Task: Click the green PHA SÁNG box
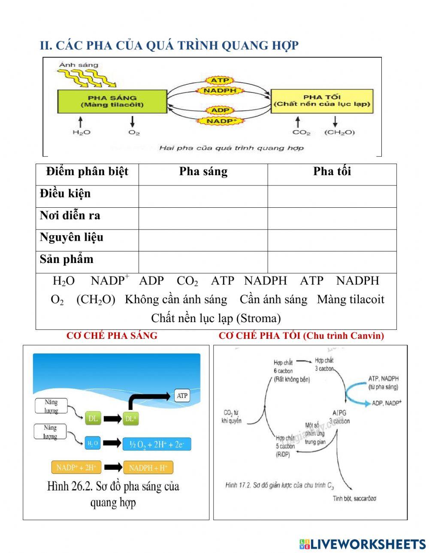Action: [x=112, y=101]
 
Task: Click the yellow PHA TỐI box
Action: [x=322, y=101]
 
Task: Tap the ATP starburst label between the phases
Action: [x=220, y=80]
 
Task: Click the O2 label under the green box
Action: [x=134, y=132]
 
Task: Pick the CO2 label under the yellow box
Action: [x=301, y=132]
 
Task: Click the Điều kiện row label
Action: [x=65, y=194]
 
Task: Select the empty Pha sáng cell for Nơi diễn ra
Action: [x=203, y=218]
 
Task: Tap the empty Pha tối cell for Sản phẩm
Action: [x=332, y=262]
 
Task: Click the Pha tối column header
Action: [x=332, y=171]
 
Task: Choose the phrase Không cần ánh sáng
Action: [x=176, y=299]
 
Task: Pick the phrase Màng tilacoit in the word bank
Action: [x=350, y=299]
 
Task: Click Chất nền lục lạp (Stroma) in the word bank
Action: [x=216, y=318]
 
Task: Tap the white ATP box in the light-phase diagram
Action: [x=182, y=395]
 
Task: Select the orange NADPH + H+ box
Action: [x=148, y=468]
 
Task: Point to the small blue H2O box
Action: [x=93, y=443]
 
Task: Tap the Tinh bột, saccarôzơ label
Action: [x=354, y=499]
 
